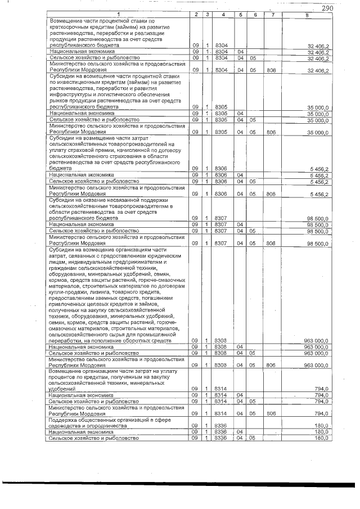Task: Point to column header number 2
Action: [x=195, y=15]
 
